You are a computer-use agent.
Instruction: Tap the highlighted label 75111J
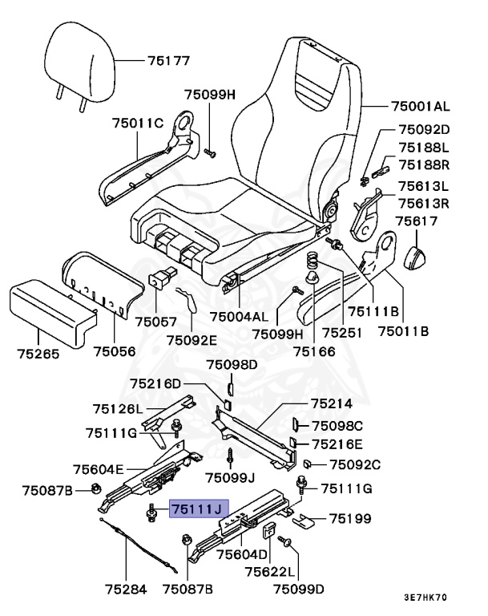pyautogui.click(x=199, y=509)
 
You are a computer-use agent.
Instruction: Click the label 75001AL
pyautogui.click(x=421, y=105)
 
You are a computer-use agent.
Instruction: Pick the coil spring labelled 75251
pyautogui.click(x=315, y=261)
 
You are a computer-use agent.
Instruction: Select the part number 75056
pyautogui.click(x=115, y=350)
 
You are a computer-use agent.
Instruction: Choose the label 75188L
pyautogui.click(x=424, y=148)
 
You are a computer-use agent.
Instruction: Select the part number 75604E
pyautogui.click(x=99, y=470)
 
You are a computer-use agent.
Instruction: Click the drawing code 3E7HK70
pyautogui.click(x=425, y=598)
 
